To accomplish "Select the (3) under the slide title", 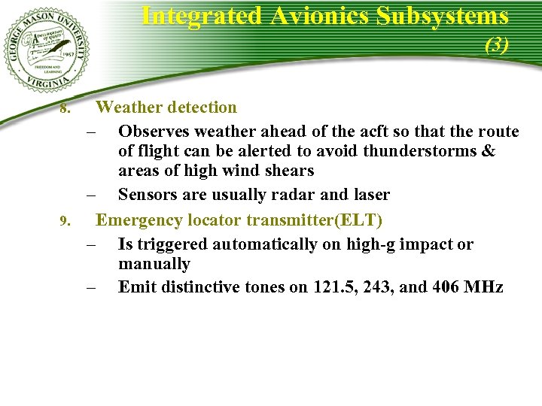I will click(497, 45).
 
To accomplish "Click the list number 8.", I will click(65, 110).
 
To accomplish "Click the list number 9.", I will click(65, 222).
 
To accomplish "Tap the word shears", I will click(288, 171).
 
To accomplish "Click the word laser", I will click(367, 195).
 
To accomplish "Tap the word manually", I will click(154, 264).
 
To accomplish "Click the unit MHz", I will click(486, 286).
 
